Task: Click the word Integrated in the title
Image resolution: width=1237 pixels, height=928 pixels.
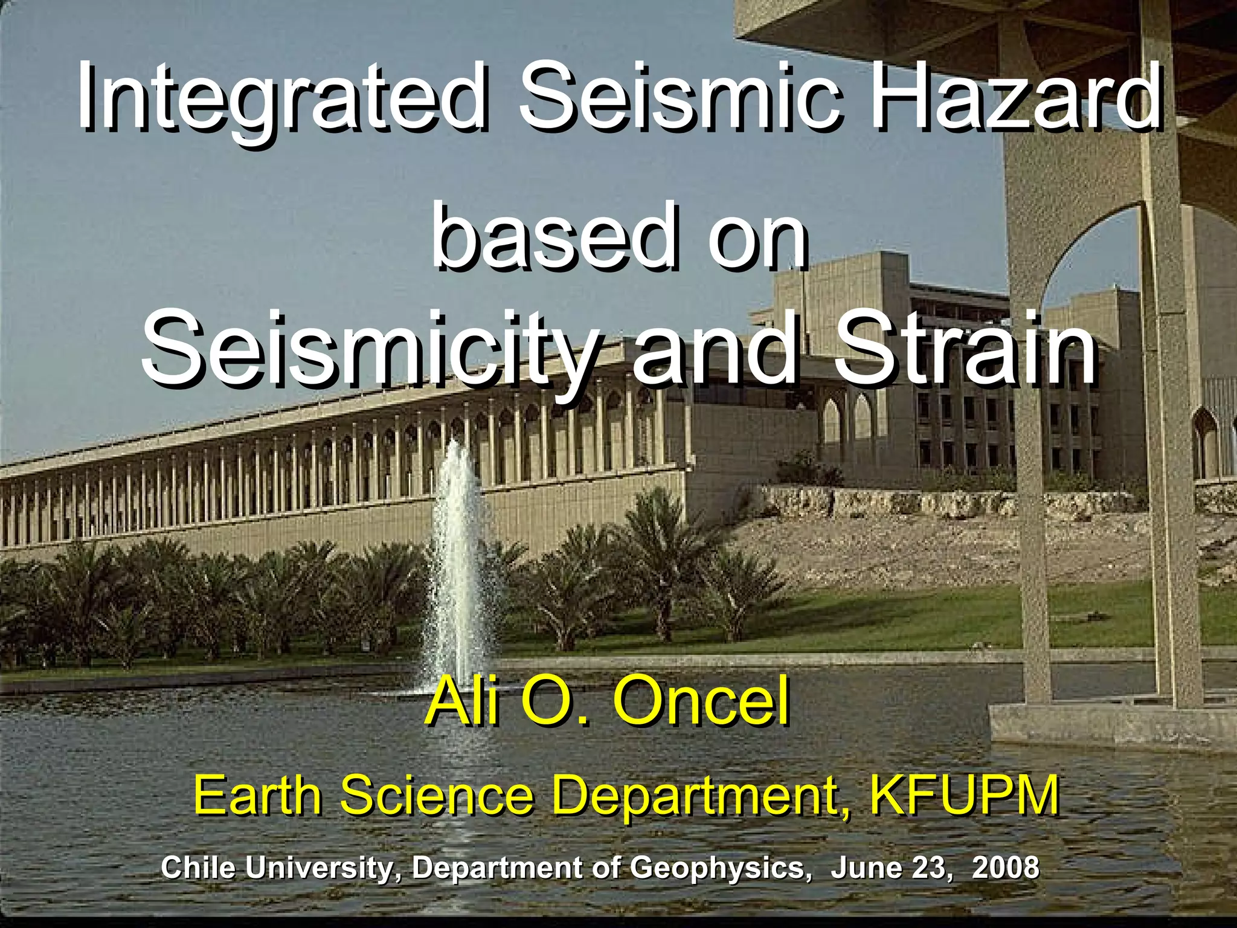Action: (281, 97)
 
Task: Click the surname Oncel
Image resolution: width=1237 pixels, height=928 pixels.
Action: (701, 702)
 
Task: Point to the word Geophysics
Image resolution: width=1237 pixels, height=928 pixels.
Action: (718, 869)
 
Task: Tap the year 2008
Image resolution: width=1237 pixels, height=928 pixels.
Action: (1006, 868)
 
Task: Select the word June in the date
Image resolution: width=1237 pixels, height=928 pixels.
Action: (861, 868)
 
